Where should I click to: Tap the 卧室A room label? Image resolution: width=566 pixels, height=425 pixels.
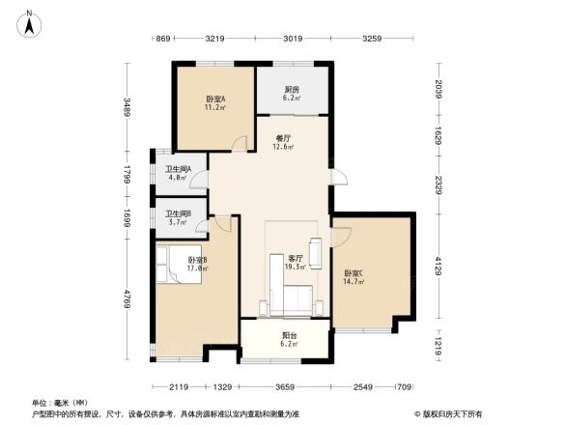(x=214, y=99)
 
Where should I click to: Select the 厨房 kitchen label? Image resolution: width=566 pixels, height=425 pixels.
(x=291, y=90)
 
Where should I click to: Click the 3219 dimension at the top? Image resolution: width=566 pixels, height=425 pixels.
(x=214, y=39)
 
